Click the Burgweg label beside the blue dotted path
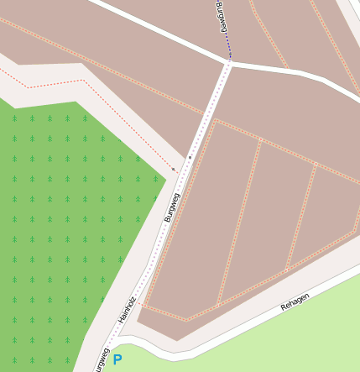[222, 18]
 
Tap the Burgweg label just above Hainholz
[172, 207]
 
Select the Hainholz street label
[127, 307]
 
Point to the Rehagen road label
[295, 301]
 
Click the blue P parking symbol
[117, 359]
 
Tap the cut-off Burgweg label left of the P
[101, 359]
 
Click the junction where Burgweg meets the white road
[230, 61]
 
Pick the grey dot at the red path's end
[174, 170]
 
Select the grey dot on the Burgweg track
[190, 157]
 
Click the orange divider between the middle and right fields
[302, 214]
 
